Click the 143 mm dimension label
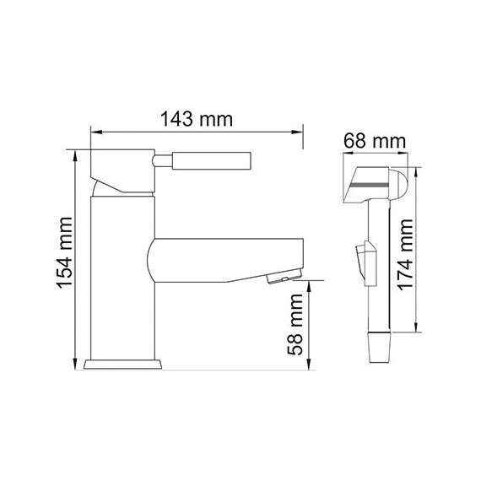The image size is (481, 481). tap(196, 119)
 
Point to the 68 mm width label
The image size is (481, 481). tap(374, 142)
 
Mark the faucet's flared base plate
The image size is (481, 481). tap(124, 364)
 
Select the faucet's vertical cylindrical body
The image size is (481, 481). tap(122, 278)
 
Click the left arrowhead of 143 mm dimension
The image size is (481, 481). tap(95, 132)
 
